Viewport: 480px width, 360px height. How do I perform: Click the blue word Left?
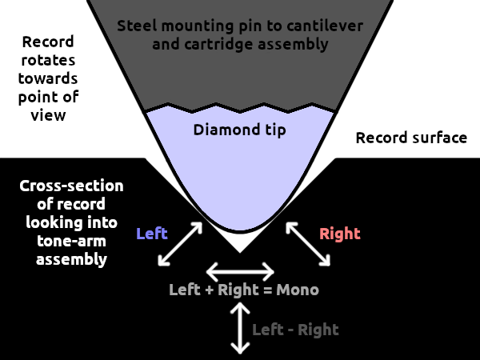point(152,234)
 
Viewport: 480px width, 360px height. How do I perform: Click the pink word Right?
point(340,234)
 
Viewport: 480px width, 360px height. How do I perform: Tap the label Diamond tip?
point(240,128)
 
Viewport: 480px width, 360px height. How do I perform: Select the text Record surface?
point(411,138)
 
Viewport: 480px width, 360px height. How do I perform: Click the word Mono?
point(298,289)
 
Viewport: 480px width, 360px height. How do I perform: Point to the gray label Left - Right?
point(295,329)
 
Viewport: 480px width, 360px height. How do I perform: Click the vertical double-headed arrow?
point(238,329)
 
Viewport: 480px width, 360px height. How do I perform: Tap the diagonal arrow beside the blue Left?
point(180,243)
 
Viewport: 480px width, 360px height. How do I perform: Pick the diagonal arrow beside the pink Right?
point(308,243)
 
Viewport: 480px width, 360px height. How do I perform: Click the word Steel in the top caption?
point(137,25)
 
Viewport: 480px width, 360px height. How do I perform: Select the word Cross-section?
point(71,186)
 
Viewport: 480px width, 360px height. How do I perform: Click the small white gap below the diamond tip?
point(240,242)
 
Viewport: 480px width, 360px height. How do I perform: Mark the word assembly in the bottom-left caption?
point(71,258)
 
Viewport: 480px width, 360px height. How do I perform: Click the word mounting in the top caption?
point(191,25)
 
